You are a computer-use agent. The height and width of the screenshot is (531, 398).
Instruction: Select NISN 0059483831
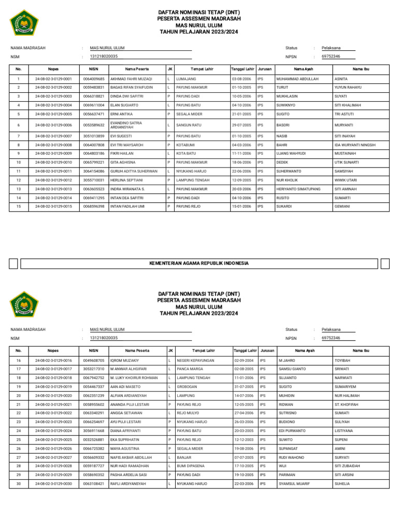click(93, 88)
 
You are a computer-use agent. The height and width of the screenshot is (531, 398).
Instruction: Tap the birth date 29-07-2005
click(241, 125)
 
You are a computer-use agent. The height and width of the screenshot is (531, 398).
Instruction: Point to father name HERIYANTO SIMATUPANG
click(299, 189)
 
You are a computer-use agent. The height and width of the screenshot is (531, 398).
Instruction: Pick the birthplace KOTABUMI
click(185, 145)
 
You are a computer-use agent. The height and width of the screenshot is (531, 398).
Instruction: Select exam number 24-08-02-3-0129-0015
click(53, 206)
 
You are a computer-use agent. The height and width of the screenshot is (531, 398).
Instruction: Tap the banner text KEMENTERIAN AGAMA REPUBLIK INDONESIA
click(199, 263)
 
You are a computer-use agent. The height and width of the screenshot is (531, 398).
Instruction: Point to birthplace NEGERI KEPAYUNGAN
click(195, 360)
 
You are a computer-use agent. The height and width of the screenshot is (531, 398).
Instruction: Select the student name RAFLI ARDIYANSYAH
click(128, 484)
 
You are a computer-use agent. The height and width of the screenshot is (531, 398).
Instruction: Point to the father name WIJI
click(282, 466)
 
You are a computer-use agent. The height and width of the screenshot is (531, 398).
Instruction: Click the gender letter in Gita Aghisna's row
click(169, 162)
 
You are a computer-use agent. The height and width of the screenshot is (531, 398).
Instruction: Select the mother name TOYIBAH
click(343, 360)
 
